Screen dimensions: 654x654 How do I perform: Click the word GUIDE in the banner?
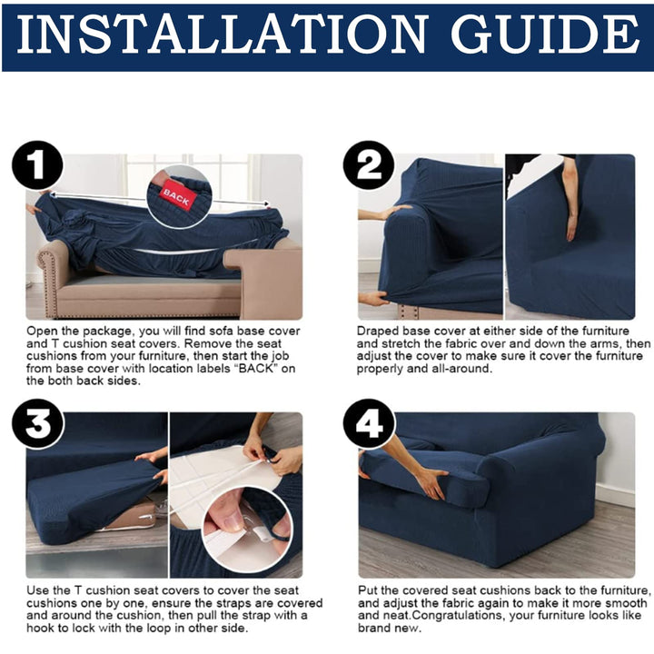pos(545,34)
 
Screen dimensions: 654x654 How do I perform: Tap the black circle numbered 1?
pos(37,165)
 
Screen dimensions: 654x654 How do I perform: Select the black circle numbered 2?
pos(369,165)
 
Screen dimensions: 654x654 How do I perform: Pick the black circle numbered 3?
pos(37,424)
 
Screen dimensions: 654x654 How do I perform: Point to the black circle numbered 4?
pos(369,424)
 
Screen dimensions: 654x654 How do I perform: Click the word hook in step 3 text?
pos(38,629)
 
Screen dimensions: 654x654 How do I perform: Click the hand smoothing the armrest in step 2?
pos(392,213)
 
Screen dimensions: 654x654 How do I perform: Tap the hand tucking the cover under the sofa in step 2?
pos(374,299)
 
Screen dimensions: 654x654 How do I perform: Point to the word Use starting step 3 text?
pos(36,590)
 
